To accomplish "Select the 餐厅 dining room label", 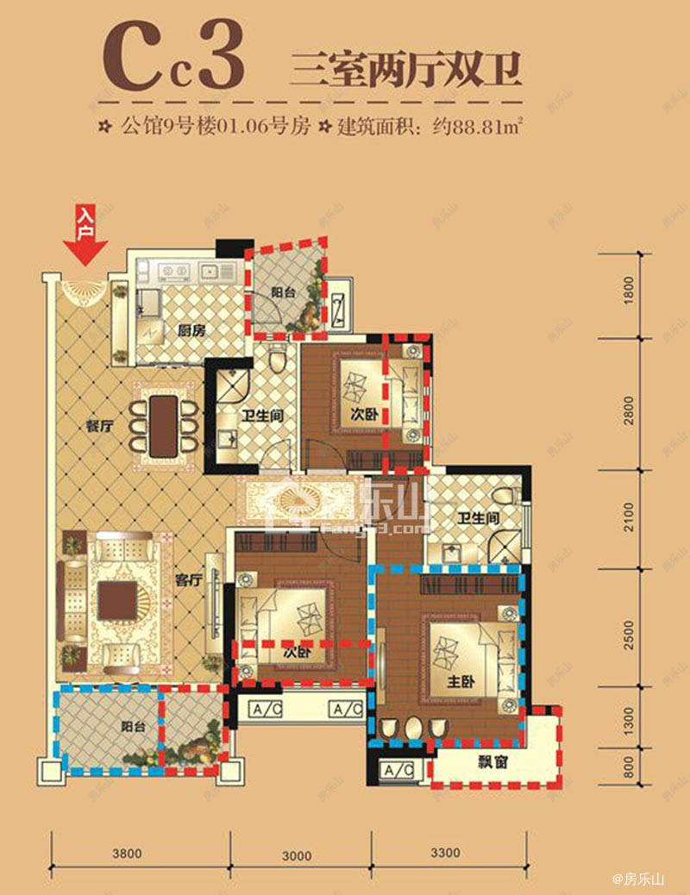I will pos(101,424).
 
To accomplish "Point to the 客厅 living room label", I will pos(188,580).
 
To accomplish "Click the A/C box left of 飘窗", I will pos(398,770).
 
